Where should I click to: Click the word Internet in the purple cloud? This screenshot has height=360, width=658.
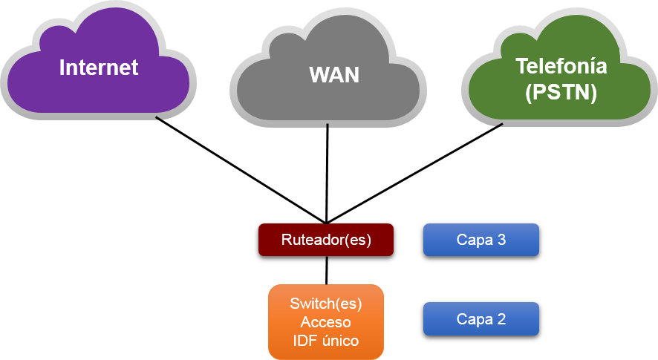click(x=99, y=68)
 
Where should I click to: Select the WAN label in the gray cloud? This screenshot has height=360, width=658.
click(x=333, y=75)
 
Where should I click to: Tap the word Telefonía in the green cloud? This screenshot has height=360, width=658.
click(x=561, y=66)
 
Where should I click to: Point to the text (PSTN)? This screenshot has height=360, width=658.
click(x=561, y=94)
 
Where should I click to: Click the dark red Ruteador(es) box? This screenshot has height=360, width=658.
click(x=325, y=240)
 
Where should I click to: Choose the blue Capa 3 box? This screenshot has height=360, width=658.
click(x=481, y=240)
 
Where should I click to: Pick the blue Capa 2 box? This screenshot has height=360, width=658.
click(x=481, y=319)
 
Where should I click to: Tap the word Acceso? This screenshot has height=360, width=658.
click(x=325, y=322)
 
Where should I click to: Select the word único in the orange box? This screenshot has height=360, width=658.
click(x=339, y=341)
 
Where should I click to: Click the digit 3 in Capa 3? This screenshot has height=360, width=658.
click(x=501, y=240)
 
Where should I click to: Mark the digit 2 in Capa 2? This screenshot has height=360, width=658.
click(x=501, y=319)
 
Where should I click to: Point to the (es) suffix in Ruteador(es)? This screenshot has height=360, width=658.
click(x=358, y=240)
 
